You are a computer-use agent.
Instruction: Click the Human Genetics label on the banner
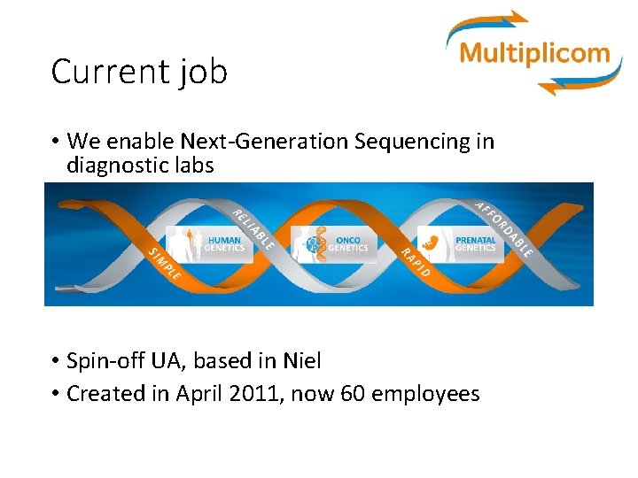pos(224,244)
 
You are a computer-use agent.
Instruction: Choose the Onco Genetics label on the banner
pos(347,244)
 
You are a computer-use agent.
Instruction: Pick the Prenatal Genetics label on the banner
pos(475,244)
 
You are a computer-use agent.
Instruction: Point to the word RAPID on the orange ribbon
pos(415,264)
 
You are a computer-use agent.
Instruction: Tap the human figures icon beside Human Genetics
pos(189,244)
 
